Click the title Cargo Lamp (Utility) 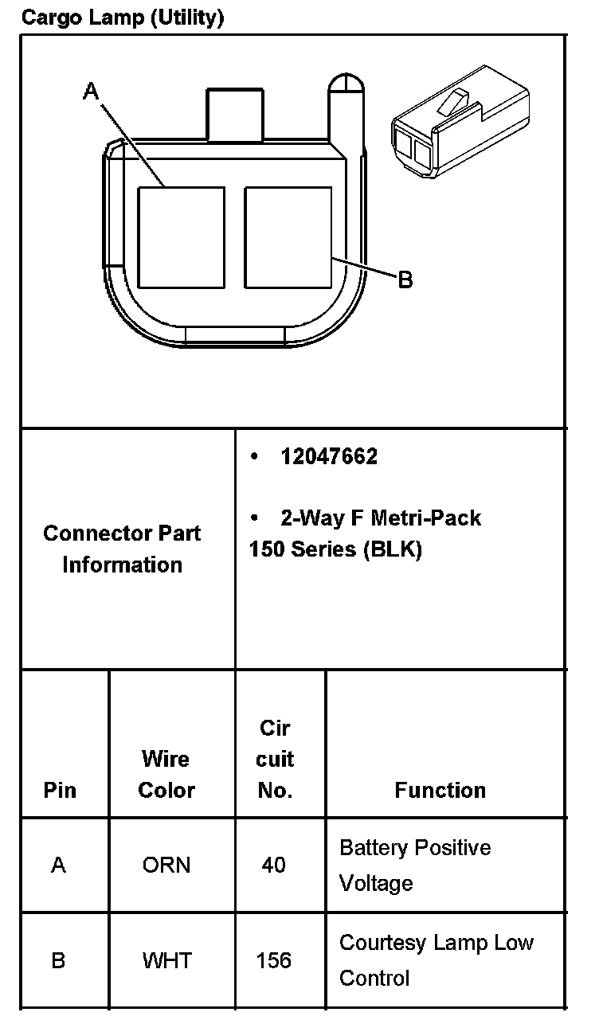pyautogui.click(x=122, y=17)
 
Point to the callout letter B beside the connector pyautogui.click(x=405, y=280)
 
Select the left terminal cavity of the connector pyautogui.click(x=181, y=236)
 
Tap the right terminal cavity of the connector pyautogui.click(x=288, y=236)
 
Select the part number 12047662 pyautogui.click(x=329, y=457)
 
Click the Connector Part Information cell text pyautogui.click(x=123, y=549)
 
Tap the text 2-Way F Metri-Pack pyautogui.click(x=380, y=518)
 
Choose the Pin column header pyautogui.click(x=61, y=790)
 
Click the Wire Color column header pyautogui.click(x=166, y=774)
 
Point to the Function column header pyautogui.click(x=440, y=790)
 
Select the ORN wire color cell pyautogui.click(x=166, y=865)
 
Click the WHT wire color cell pyautogui.click(x=167, y=960)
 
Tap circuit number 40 pyautogui.click(x=273, y=865)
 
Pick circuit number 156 pyautogui.click(x=273, y=960)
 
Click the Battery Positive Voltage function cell pyautogui.click(x=415, y=865)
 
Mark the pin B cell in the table pyautogui.click(x=58, y=960)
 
